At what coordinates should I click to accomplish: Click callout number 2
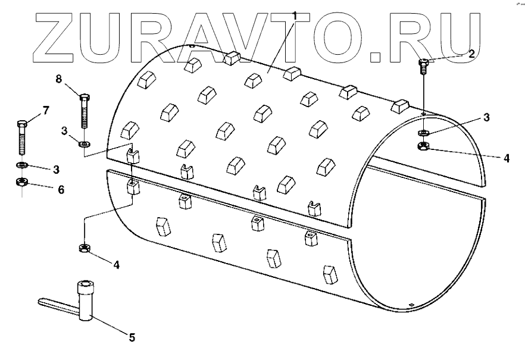click(x=471, y=54)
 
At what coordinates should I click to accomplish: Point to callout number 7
click(x=46, y=110)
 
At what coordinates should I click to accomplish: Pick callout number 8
click(x=59, y=79)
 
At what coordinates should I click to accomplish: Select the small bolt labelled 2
click(x=423, y=65)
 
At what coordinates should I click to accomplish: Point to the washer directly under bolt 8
click(x=84, y=143)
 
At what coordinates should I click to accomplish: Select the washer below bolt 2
click(x=423, y=132)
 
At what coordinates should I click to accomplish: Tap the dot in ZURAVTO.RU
click(x=377, y=57)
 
